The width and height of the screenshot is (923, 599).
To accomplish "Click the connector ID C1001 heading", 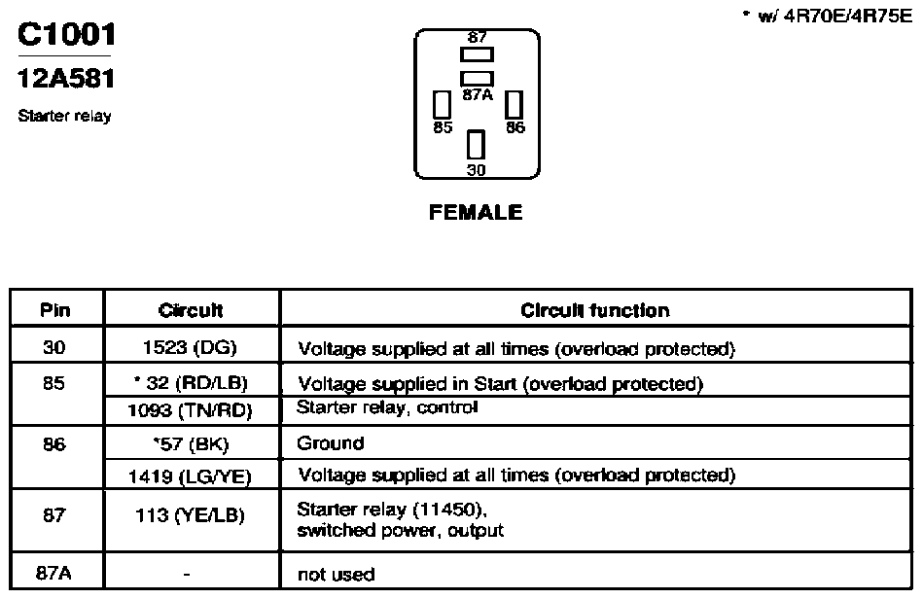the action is click(x=66, y=34).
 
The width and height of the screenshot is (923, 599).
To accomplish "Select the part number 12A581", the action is click(x=66, y=78).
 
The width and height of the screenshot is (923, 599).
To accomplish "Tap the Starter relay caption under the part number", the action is click(x=65, y=116).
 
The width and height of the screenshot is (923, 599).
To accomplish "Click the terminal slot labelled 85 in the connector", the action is click(x=442, y=105).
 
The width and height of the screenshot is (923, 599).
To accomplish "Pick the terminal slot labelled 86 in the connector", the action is click(x=514, y=105).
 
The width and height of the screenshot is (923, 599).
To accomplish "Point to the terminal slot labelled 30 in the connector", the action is click(x=477, y=145).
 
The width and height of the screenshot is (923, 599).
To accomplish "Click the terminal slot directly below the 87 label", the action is click(x=477, y=54).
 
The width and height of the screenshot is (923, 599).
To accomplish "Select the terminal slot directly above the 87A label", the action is click(x=477, y=79).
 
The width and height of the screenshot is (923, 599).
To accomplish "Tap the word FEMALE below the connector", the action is click(x=476, y=212).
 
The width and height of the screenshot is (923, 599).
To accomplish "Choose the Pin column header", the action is click(x=54, y=310).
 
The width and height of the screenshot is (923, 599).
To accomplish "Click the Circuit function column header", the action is click(x=595, y=310).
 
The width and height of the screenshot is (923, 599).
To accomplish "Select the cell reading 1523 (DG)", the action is click(x=190, y=347).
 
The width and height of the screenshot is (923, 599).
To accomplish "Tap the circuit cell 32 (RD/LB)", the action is click(x=191, y=383).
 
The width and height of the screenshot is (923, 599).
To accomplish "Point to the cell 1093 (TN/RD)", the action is click(x=190, y=410).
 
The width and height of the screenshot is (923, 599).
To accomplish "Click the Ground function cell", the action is click(x=331, y=443).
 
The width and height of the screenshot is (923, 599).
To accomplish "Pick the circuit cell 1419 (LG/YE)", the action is click(x=190, y=476).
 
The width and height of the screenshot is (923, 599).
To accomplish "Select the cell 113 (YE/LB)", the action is click(x=190, y=515).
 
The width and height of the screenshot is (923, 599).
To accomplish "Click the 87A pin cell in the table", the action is click(x=53, y=573).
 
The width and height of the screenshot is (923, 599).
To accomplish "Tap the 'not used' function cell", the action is click(x=337, y=574).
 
